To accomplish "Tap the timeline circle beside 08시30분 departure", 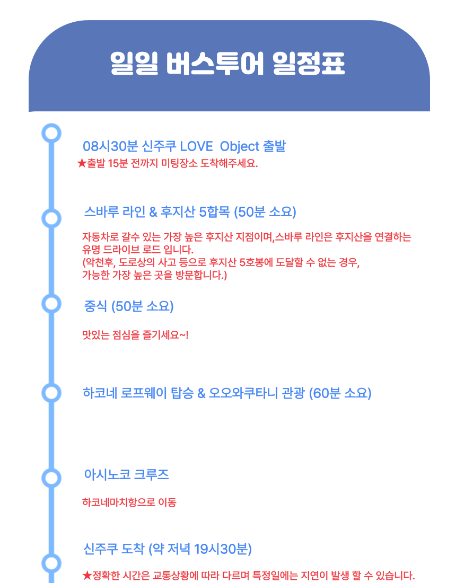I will click(x=51, y=132).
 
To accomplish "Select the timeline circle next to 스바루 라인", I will click(x=51, y=218).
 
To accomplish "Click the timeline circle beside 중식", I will click(x=51, y=303).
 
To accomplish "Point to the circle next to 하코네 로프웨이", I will click(x=51, y=393).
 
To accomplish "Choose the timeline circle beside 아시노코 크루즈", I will click(x=51, y=478).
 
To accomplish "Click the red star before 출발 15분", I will click(x=81, y=163).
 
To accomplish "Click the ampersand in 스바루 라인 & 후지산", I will click(x=153, y=212).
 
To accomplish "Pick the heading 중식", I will click(x=96, y=306).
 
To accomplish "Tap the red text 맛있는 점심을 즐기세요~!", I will click(x=135, y=335).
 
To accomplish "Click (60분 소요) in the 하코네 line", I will click(x=340, y=393).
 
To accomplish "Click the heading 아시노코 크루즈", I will click(x=126, y=474).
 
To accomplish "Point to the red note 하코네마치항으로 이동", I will click(x=129, y=502).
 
